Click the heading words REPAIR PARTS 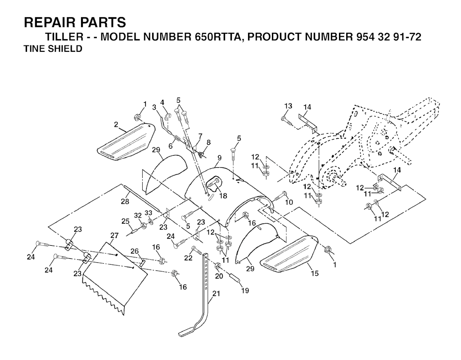(75, 22)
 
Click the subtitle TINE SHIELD (53, 49)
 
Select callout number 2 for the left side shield (116, 125)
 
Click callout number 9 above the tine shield (219, 157)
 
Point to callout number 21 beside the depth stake (216, 293)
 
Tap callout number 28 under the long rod (125, 201)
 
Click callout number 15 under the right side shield (314, 273)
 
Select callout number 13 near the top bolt (289, 106)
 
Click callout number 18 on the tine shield (223, 195)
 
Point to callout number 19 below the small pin (245, 290)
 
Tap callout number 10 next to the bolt (289, 202)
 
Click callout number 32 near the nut (138, 216)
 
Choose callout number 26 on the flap (135, 251)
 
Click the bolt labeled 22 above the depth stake (197, 251)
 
